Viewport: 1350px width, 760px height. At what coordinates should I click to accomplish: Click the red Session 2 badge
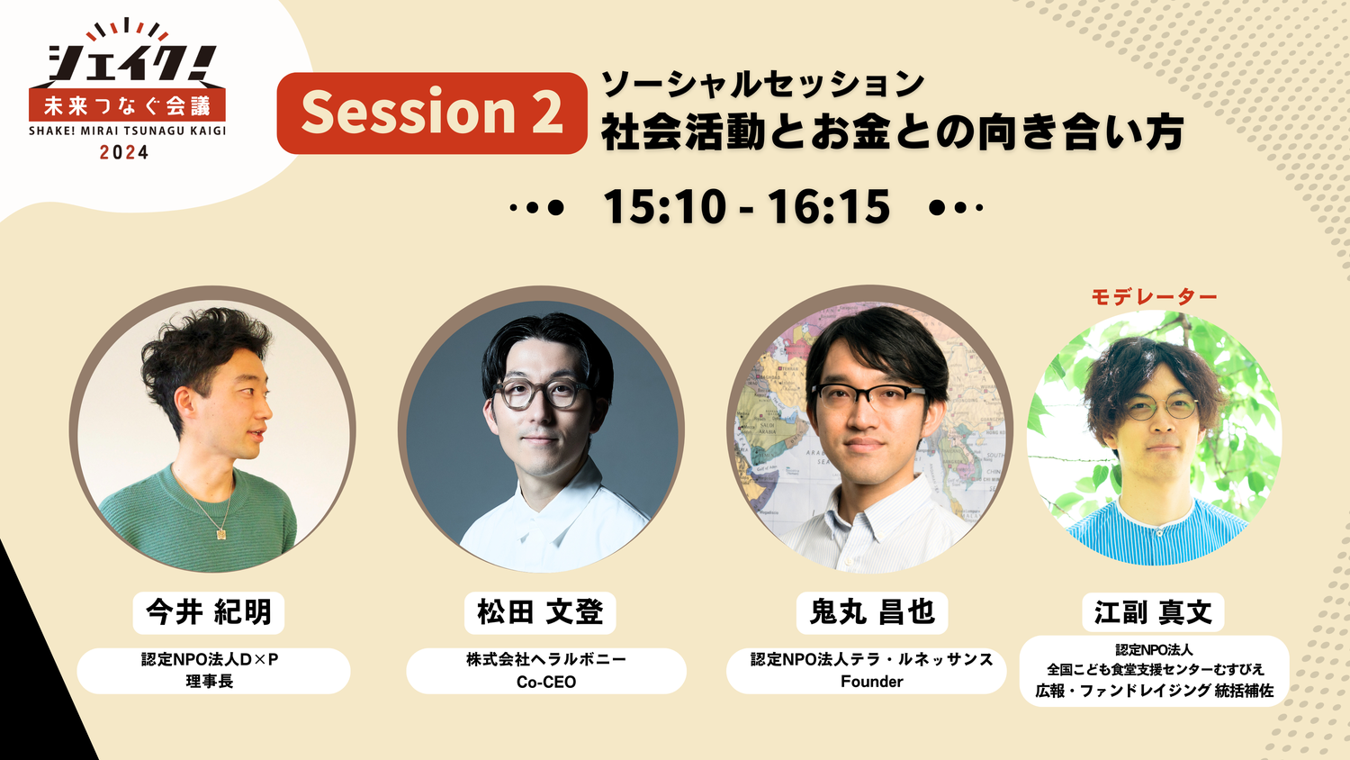coord(431,113)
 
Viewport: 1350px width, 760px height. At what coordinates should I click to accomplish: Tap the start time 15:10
coord(664,207)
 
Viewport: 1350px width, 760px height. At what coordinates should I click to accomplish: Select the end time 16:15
coord(828,207)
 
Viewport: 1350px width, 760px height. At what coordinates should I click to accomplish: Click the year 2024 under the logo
coord(124,152)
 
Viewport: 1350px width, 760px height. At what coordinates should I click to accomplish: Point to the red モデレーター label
coord(1154,297)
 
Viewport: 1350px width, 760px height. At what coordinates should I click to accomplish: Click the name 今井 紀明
coord(209,612)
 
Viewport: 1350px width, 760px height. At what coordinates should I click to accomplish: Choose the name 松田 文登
coord(540,612)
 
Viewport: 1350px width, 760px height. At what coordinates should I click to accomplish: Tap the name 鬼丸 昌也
coord(871,612)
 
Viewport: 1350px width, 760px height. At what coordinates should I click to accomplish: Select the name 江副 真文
coord(1153,613)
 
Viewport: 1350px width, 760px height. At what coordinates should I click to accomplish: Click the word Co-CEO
coord(546,683)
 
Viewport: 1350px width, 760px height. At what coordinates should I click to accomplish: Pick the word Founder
coord(871,682)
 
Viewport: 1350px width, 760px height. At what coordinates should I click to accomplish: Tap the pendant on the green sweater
coord(221,534)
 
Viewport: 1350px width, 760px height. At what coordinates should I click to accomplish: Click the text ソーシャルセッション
coord(762,85)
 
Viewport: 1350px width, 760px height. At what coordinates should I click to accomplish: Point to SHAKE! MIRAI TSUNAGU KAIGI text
coord(127,131)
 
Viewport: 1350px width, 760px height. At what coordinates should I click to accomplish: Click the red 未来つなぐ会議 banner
coord(127,105)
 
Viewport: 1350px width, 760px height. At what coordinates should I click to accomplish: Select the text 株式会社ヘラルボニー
coord(546,659)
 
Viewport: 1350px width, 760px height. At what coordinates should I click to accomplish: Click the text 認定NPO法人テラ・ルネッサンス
coord(871,659)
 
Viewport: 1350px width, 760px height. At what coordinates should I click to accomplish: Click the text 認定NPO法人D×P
coord(210,660)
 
